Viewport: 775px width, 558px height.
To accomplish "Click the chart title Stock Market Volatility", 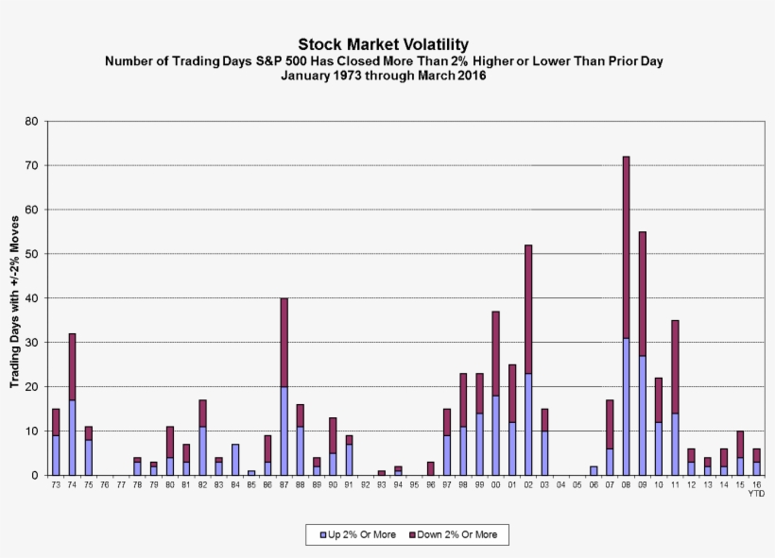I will tap(383, 44).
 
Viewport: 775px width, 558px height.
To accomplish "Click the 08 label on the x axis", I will tap(626, 484).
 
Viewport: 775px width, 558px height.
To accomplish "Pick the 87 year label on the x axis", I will tap(284, 484).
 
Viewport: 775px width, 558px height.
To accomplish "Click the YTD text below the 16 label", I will tap(756, 493).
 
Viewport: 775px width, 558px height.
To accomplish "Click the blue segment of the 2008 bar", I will tap(626, 406).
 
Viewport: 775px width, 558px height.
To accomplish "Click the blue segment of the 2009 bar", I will tap(643, 415).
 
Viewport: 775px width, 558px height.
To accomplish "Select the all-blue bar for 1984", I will tap(235, 460).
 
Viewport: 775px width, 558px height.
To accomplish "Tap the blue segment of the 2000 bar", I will tap(495, 435).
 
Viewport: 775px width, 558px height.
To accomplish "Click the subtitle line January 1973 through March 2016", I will tap(383, 76).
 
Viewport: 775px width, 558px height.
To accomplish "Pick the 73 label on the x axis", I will tap(56, 484).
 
